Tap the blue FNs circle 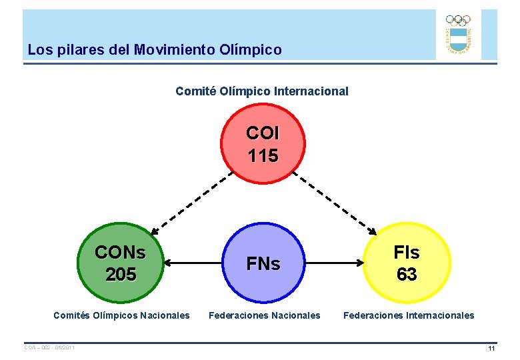[x=263, y=264]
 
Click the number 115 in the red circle [x=263, y=156]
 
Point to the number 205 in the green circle [x=120, y=274]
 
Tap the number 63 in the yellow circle [x=407, y=274]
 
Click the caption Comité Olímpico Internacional [x=262, y=91]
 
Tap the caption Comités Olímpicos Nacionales [x=121, y=315]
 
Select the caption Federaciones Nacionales [x=265, y=315]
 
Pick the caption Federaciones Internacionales [x=409, y=315]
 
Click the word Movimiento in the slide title [x=175, y=50]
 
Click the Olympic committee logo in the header [x=458, y=35]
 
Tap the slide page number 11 [x=491, y=349]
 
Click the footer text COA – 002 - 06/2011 [x=49, y=347]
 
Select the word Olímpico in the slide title [x=253, y=50]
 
